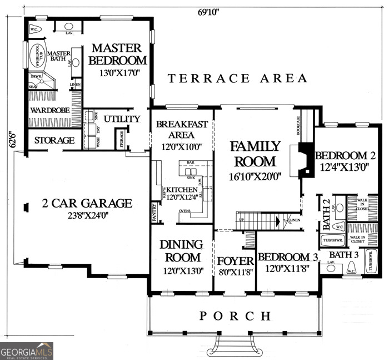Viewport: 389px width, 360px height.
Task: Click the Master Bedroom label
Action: [118, 54]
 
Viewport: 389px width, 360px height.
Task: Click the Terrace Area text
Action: [237, 78]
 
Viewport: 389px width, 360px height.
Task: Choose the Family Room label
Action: [256, 154]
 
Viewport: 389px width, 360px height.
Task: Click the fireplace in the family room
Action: [305, 160]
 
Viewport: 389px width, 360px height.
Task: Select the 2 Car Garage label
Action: [87, 203]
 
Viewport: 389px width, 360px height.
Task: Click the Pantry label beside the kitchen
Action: [154, 213]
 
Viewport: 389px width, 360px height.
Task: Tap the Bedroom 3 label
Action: [284, 257]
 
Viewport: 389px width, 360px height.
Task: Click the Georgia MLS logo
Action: [27, 351]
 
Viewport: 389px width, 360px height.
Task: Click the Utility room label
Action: [122, 119]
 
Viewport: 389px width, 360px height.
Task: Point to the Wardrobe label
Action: [49, 110]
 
